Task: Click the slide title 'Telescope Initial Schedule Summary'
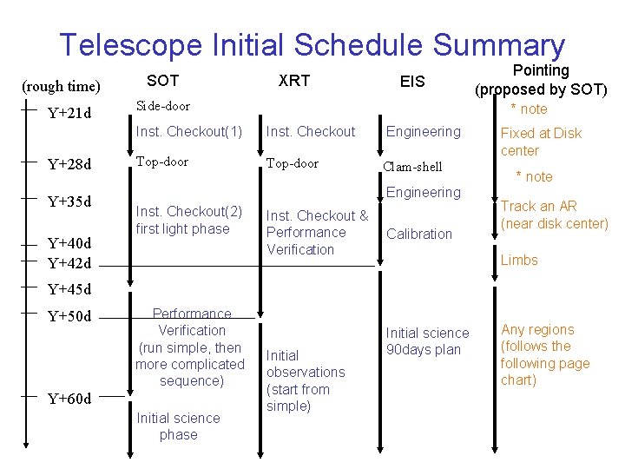[x=312, y=44]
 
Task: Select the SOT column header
[x=162, y=81]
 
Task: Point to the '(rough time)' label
[x=61, y=86]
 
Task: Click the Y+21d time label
[x=69, y=113]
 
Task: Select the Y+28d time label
[x=69, y=164]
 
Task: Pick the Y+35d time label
[x=69, y=202]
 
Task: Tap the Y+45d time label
[x=69, y=289]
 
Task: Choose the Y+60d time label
[x=69, y=399]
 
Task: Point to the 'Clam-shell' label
[x=412, y=167]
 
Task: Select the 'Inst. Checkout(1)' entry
[x=188, y=132]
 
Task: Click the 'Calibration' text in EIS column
[x=419, y=234]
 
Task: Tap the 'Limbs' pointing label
[x=519, y=260]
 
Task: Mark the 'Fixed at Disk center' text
[x=540, y=142]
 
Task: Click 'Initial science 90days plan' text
[x=427, y=341]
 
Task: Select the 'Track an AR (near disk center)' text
[x=554, y=215]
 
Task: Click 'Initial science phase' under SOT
[x=178, y=426]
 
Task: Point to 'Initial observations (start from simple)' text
[x=305, y=380]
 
